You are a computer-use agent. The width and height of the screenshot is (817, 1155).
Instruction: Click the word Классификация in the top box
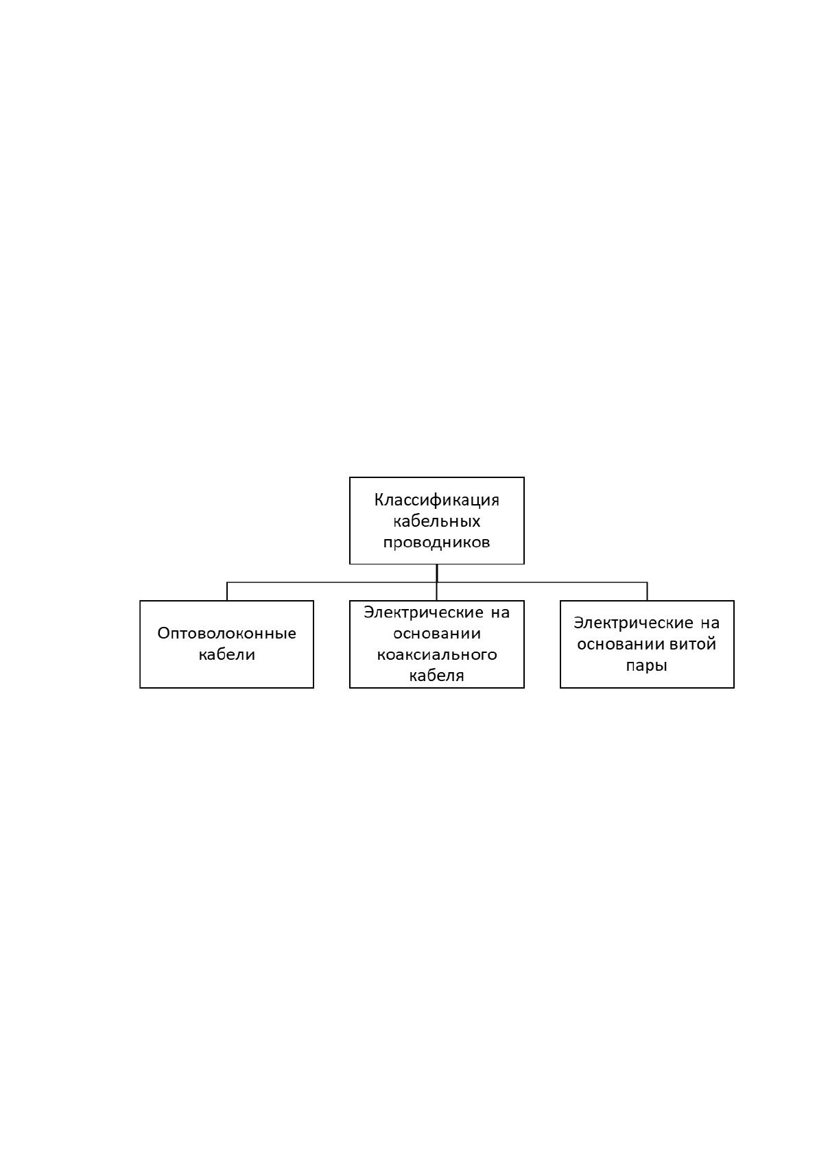(436, 500)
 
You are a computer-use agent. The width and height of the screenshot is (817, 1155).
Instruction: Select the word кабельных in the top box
(436, 521)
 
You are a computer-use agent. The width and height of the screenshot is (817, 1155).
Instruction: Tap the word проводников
(436, 543)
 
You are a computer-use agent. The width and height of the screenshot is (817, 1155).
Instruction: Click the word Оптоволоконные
(226, 633)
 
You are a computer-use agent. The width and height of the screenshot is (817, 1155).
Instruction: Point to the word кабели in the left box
(226, 654)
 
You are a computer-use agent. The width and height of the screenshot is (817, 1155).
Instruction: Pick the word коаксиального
(436, 655)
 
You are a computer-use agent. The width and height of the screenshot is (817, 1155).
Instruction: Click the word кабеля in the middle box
(436, 676)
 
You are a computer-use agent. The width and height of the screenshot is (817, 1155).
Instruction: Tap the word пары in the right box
(646, 666)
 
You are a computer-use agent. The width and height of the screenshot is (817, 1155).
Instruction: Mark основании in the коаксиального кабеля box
(436, 633)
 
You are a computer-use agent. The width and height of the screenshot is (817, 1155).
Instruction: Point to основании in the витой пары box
(621, 644)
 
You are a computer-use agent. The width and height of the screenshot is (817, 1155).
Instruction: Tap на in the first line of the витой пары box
(710, 623)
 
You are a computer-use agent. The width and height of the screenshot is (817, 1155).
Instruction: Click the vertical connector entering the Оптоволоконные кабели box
(227, 591)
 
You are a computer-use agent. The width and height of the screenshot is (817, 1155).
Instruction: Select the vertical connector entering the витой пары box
(647, 591)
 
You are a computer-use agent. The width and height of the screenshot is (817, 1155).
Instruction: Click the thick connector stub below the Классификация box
(437, 573)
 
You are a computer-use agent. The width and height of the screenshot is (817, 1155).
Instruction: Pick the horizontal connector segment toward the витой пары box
(542, 583)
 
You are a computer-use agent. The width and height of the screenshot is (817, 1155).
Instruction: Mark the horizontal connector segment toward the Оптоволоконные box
(331, 583)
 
